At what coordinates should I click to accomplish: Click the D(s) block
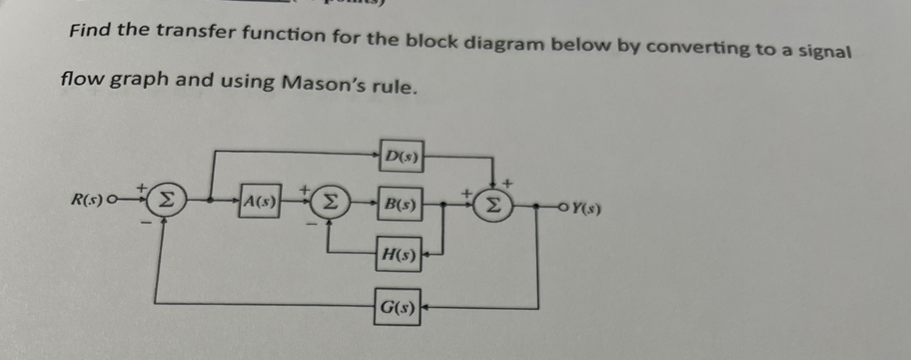click(x=401, y=157)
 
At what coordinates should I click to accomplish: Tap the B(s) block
click(x=400, y=204)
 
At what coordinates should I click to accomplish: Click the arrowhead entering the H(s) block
click(x=427, y=254)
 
